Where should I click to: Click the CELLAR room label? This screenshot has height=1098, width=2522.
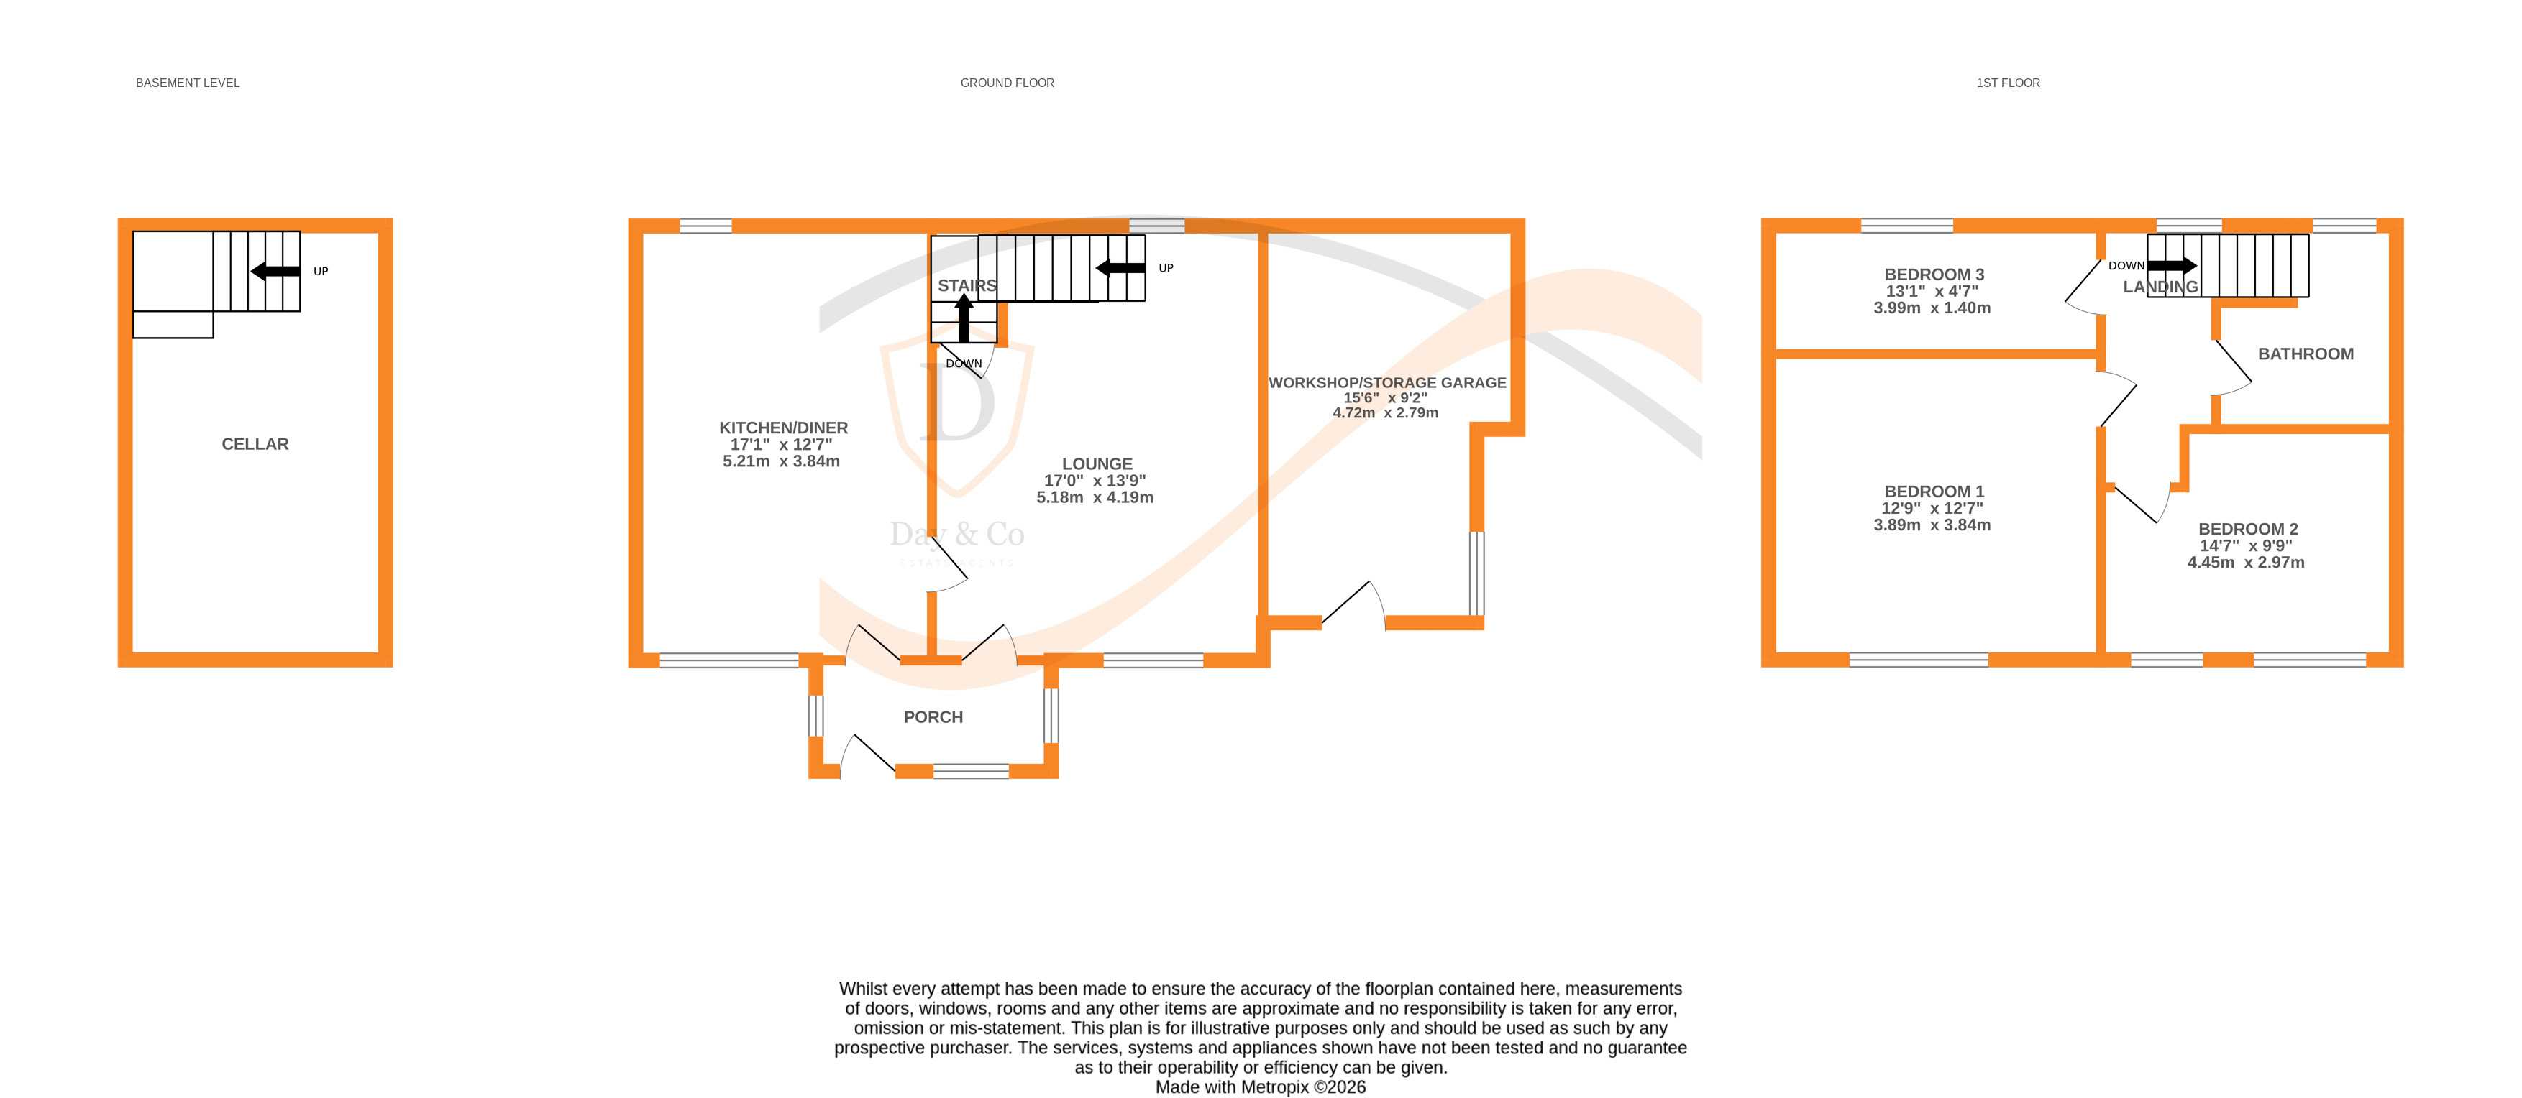click(255, 444)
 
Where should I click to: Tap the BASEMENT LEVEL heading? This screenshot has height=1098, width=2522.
click(187, 83)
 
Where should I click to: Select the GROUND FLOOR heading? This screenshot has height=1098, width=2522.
click(1007, 83)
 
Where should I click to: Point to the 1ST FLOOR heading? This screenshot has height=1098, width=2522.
click(2007, 83)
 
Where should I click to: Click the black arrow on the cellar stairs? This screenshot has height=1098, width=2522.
click(275, 271)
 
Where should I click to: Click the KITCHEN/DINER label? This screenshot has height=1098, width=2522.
click(783, 428)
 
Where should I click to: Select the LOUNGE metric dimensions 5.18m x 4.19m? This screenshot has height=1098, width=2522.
click(1095, 497)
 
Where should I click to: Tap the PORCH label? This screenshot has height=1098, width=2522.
click(932, 717)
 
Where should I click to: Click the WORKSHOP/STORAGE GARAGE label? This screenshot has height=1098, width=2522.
click(1386, 382)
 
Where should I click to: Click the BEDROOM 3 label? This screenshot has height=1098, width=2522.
click(1934, 275)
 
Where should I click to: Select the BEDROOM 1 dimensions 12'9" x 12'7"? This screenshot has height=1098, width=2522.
click(1932, 508)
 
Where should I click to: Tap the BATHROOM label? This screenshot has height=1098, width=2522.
click(2305, 354)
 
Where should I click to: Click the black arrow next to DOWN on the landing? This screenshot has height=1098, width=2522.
click(2172, 265)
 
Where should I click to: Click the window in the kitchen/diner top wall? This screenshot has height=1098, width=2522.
click(705, 226)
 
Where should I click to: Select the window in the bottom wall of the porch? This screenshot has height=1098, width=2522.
click(970, 771)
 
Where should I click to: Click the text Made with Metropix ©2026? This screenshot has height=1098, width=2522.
click(1260, 1087)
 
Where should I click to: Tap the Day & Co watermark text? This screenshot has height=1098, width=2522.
click(956, 535)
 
